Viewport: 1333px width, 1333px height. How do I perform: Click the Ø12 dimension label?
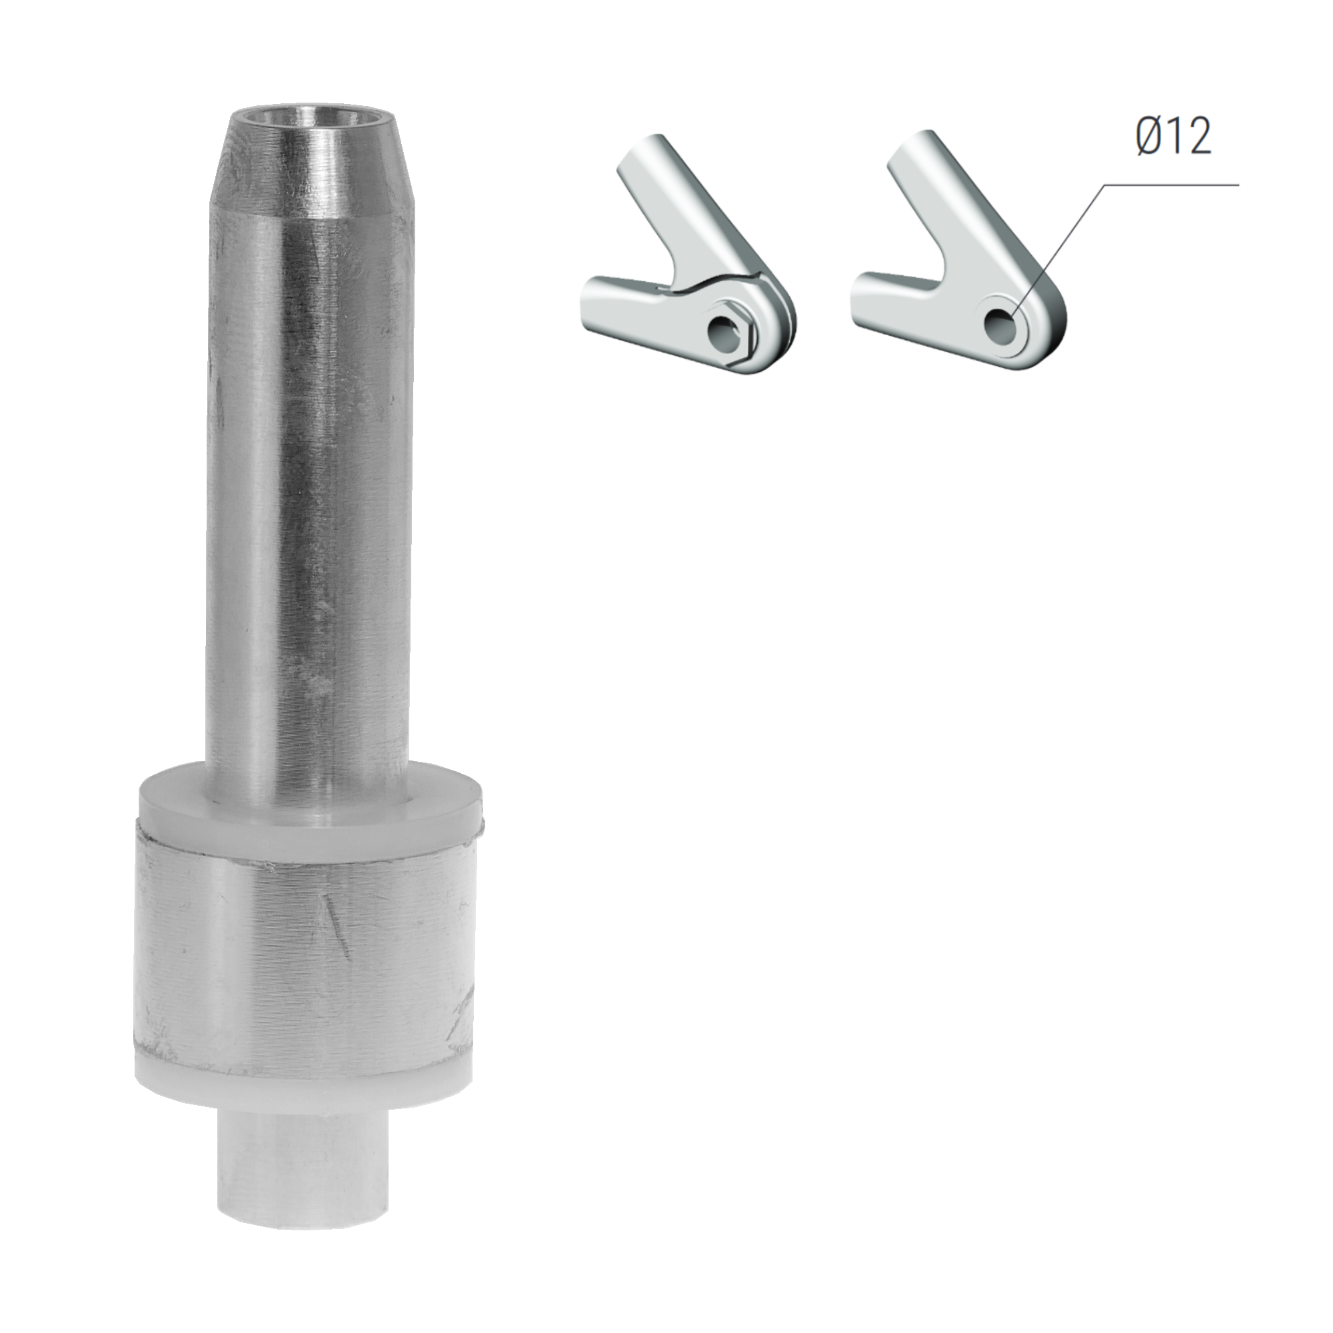click(1173, 136)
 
